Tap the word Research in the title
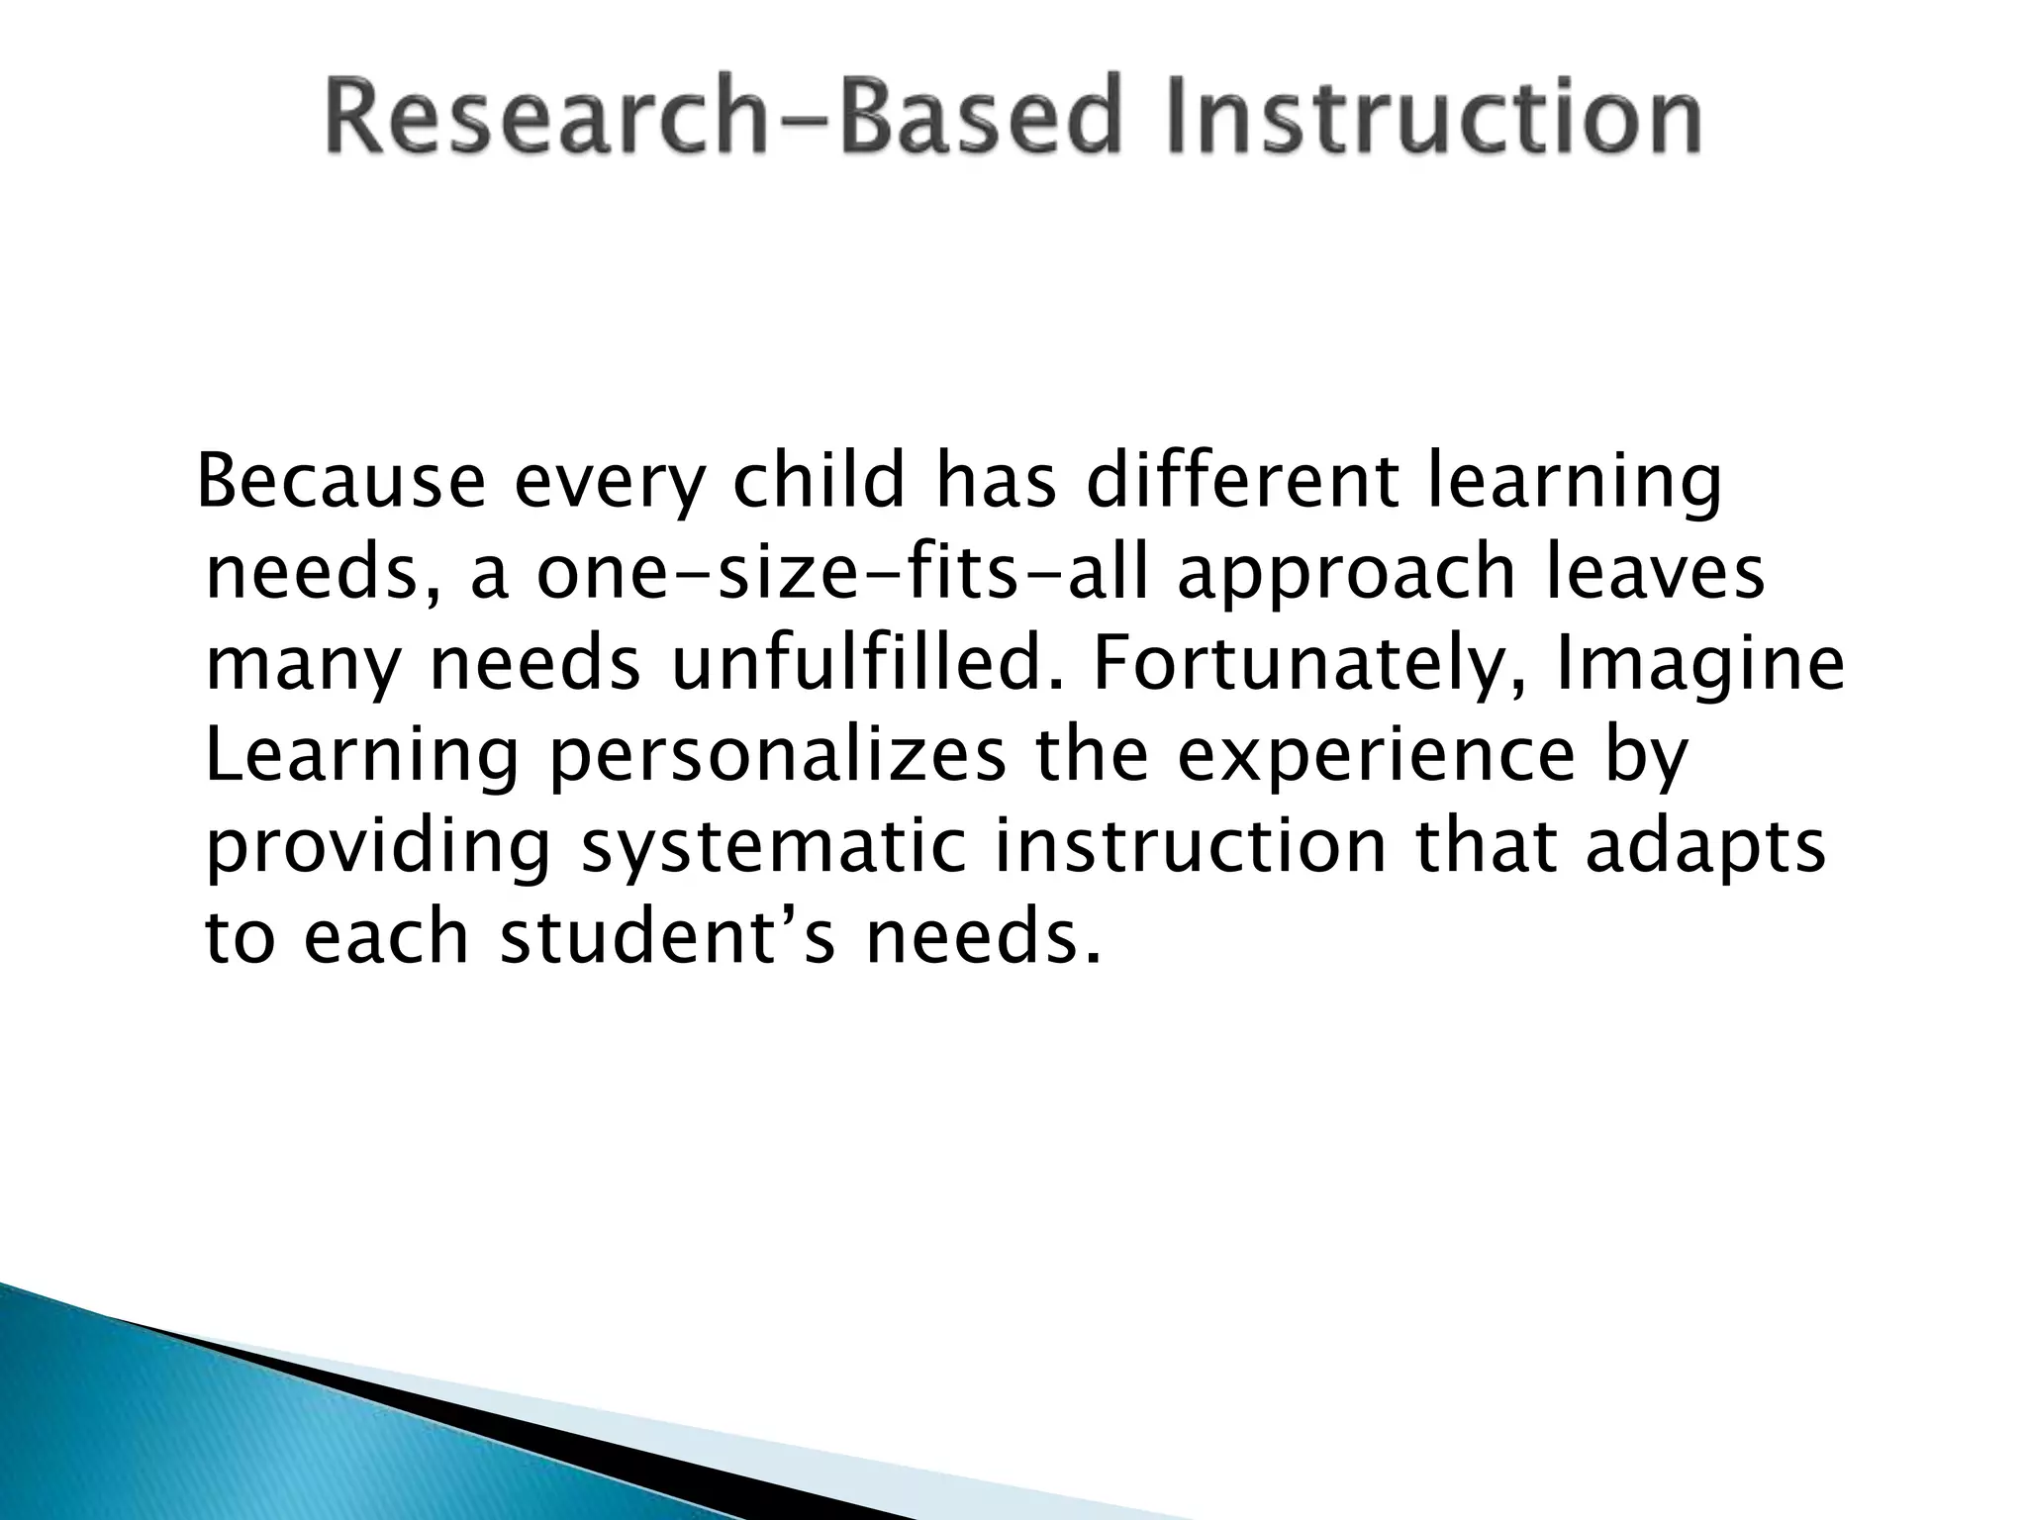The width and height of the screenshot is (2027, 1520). click(x=543, y=118)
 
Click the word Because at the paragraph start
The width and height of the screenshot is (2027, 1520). click(x=342, y=482)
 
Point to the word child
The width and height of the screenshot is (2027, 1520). click(x=819, y=482)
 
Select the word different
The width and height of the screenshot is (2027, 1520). click(x=1243, y=482)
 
